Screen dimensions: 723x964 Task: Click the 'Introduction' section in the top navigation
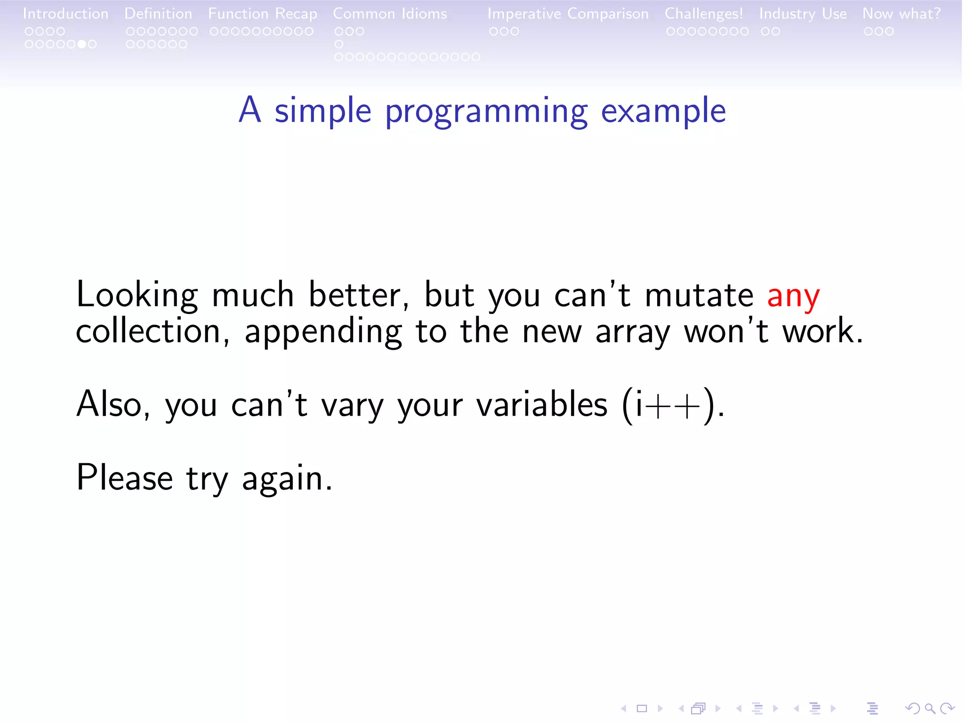coord(65,14)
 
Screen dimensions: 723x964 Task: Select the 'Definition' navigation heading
coord(158,14)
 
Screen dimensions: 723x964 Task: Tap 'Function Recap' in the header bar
coord(263,14)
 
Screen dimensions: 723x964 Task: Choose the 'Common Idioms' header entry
coord(390,14)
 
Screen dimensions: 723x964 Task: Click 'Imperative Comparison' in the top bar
coord(568,14)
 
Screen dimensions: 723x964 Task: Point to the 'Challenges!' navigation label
coord(703,14)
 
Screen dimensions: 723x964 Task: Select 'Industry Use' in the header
coord(803,14)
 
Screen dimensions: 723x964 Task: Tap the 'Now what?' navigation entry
coord(901,14)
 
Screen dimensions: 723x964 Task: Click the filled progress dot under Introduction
coord(82,44)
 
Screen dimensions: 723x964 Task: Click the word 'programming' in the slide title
coord(486,112)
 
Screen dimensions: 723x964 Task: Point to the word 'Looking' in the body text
coord(137,296)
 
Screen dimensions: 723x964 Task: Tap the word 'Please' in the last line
coord(124,478)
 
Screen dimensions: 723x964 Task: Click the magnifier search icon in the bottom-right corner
coord(929,708)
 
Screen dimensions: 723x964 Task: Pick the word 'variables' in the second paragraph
coord(542,404)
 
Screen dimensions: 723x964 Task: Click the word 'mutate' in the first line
coord(699,296)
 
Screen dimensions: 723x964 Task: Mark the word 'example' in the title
coord(663,112)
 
